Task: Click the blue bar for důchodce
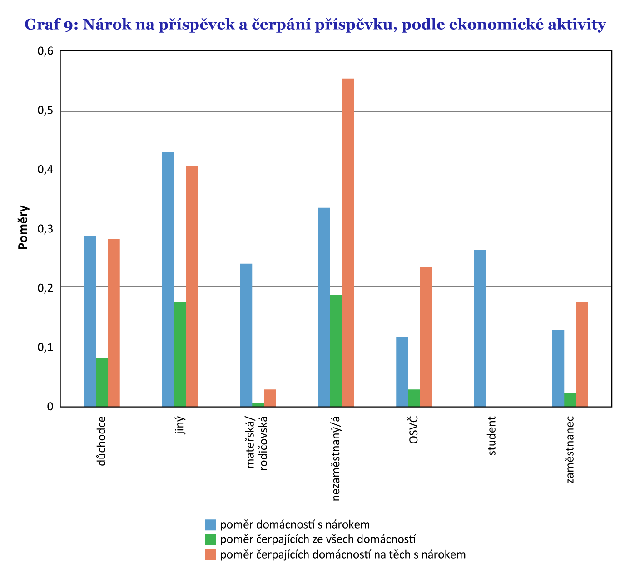[90, 321]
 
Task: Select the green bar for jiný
[180, 354]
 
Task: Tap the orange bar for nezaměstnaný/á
[348, 242]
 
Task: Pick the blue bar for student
[480, 328]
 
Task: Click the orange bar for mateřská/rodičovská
[270, 398]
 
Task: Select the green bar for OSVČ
[414, 398]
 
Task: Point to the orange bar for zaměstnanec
[582, 354]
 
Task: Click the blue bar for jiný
[168, 279]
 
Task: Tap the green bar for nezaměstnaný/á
[336, 351]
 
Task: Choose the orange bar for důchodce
[114, 322]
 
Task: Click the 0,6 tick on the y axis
[45, 51]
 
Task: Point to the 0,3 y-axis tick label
[45, 229]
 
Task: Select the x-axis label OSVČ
[413, 430]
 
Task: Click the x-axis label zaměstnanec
[570, 449]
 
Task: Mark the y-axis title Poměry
[23, 227]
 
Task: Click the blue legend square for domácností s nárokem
[210, 524]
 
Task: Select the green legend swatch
[210, 539]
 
